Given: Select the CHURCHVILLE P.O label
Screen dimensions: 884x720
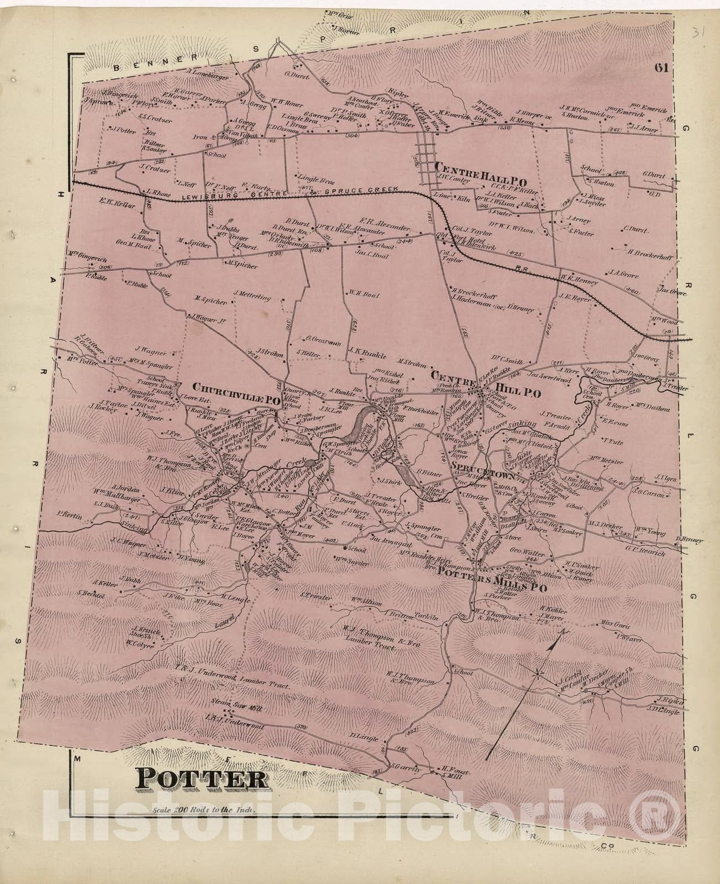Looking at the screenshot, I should click(235, 385).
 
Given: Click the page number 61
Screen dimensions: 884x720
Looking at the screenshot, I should click(661, 68).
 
